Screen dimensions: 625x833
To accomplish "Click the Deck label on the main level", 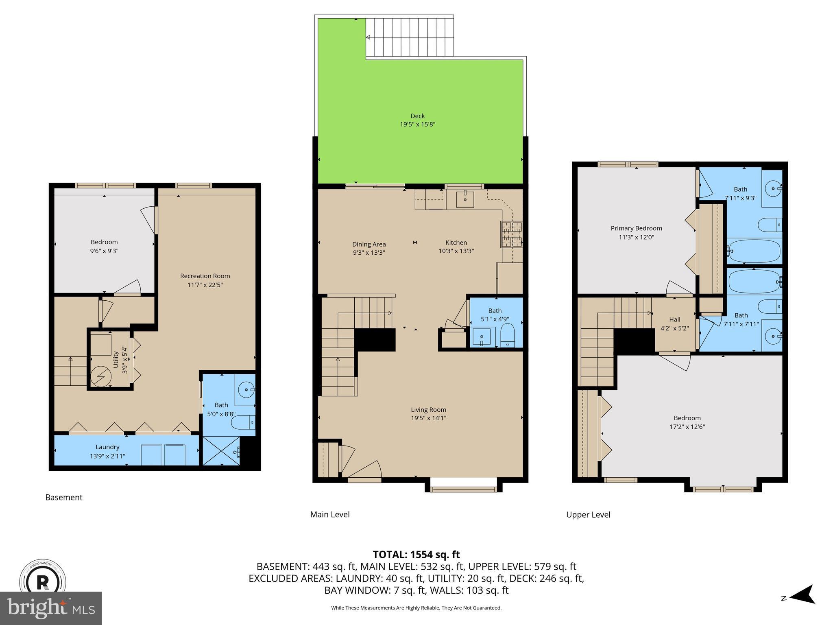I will coord(417,116).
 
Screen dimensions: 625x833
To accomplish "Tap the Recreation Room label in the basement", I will coord(205,276).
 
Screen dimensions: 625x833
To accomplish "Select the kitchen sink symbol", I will coord(464,199).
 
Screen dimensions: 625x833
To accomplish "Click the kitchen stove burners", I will coord(511,235).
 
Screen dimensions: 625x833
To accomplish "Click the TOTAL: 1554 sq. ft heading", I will coord(416,554).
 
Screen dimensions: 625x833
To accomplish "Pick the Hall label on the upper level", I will coord(674,319).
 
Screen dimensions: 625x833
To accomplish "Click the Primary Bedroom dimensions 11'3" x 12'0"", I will coord(636,237).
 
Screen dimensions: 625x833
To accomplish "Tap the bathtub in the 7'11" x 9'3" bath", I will coord(754,251).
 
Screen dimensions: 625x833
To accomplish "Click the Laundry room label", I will coord(107,447).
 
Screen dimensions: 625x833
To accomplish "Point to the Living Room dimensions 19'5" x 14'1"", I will coord(428,418).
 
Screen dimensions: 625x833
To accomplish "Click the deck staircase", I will coord(410,37).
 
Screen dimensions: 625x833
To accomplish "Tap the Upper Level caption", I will coord(588,515).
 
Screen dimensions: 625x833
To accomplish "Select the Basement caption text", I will coord(64,497).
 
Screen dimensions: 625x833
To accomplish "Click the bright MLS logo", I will coord(51,608).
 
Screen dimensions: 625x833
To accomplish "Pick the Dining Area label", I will coord(369,244).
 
